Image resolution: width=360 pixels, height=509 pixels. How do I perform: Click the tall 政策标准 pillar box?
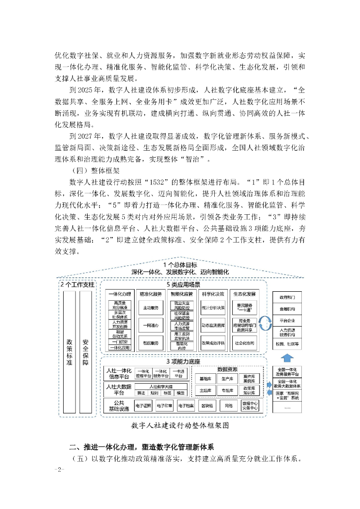(x=69, y=351)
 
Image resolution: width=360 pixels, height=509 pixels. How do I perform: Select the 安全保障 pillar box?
(x=86, y=351)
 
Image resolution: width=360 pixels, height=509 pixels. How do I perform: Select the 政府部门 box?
(x=287, y=297)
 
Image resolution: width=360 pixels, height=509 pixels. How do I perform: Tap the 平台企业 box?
(x=287, y=321)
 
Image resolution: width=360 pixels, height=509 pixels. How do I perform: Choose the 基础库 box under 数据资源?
(x=204, y=378)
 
